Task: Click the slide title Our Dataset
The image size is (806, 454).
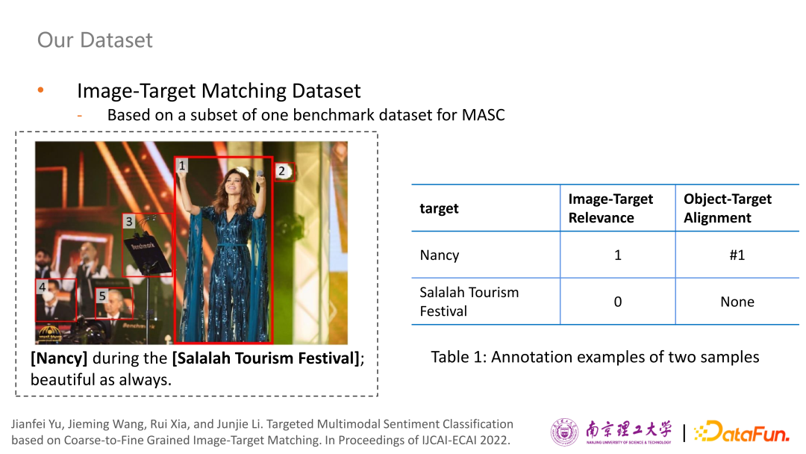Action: point(95,40)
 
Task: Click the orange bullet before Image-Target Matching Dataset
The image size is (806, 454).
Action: point(40,90)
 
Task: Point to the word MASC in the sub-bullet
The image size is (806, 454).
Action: point(483,115)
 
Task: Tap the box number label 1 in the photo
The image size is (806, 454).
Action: point(181,166)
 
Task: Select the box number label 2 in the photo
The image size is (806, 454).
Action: point(281,171)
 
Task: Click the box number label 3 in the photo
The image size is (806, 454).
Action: point(129,221)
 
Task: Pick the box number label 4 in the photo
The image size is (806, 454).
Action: point(42,287)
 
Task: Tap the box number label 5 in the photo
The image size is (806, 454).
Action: point(101,296)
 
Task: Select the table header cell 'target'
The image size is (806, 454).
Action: point(439,208)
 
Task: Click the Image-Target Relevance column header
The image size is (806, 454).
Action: point(610,208)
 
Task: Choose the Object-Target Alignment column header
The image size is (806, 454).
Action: point(728,208)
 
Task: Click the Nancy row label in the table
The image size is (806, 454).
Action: point(440,255)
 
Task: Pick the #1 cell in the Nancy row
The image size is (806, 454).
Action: point(737,255)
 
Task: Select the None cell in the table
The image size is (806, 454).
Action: point(737,302)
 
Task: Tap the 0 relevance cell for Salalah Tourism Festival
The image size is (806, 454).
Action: point(618,302)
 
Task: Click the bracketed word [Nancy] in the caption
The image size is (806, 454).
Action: point(59,358)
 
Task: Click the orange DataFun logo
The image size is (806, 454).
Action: point(741,432)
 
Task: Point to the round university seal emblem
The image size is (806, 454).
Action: point(564,432)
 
